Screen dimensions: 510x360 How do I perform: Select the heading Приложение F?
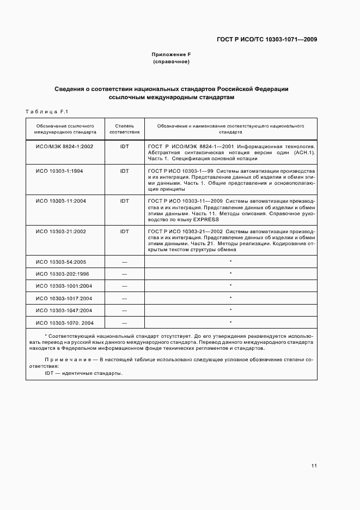pyautogui.click(x=171, y=55)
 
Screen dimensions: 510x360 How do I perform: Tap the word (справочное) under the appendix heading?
pyautogui.click(x=171, y=62)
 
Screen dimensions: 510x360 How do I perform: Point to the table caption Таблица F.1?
pyautogui.click(x=46, y=112)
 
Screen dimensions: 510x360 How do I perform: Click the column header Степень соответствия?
pyautogui.click(x=124, y=129)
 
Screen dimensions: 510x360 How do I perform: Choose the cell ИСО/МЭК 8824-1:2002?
pyautogui.click(x=65, y=147)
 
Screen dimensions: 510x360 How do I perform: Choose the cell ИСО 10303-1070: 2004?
pyautogui.click(x=65, y=322)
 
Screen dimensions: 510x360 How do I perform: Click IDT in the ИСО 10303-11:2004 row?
pyautogui.click(x=124, y=201)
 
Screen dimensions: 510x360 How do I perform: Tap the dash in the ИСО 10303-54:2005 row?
pyautogui.click(x=124, y=262)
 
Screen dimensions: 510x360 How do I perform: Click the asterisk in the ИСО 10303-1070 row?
pyautogui.click(x=231, y=322)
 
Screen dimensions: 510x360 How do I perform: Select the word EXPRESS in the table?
pyautogui.click(x=205, y=220)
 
